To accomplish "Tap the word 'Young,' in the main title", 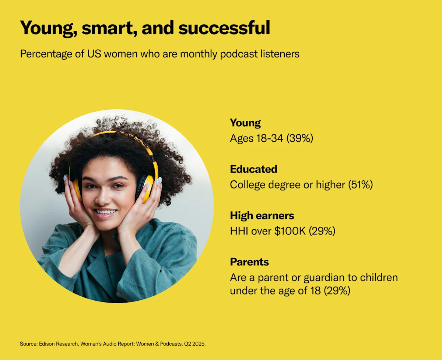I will [x=48, y=28].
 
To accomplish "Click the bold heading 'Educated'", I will [x=253, y=169].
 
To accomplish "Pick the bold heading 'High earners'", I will [x=262, y=215].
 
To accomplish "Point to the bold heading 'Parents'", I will [x=249, y=262].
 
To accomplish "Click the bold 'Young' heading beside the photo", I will [x=245, y=123].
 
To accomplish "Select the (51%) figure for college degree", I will [x=360, y=185].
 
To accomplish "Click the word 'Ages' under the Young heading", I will [x=242, y=138].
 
